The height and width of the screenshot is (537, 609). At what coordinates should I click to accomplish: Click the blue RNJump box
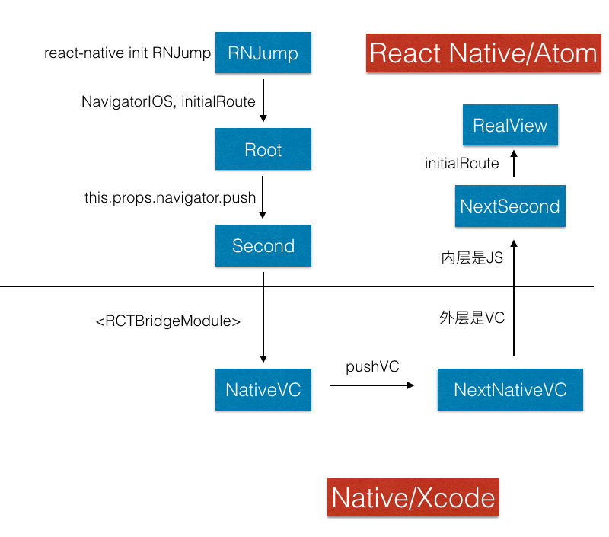click(263, 53)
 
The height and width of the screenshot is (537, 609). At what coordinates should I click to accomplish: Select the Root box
click(263, 149)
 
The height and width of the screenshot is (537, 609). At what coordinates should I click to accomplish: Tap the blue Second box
click(263, 245)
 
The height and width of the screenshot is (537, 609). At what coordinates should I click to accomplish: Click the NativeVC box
click(263, 389)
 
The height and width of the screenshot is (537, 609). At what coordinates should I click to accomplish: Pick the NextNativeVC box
click(510, 389)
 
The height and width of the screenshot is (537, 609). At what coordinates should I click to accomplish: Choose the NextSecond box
click(510, 206)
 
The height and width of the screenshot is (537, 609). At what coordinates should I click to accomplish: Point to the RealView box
click(510, 125)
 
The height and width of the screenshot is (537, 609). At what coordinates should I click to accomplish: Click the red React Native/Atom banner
click(483, 53)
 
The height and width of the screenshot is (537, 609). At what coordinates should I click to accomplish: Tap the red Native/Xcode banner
click(413, 497)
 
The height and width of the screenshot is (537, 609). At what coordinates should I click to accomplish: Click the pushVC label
click(372, 367)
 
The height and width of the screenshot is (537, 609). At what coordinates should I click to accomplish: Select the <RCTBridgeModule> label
click(168, 321)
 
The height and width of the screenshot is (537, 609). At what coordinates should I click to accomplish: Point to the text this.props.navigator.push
click(170, 197)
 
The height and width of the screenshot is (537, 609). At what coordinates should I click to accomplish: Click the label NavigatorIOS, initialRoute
click(168, 101)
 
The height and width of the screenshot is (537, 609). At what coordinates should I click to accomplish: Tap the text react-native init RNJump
click(127, 53)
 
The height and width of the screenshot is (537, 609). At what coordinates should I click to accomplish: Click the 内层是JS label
click(472, 257)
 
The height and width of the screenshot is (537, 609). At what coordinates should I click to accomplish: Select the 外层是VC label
click(472, 318)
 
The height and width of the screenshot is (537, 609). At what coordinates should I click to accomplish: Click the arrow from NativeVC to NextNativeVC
click(372, 385)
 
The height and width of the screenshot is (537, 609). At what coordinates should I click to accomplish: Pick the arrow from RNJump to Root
click(263, 101)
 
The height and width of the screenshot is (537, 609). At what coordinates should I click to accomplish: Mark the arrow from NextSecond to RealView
click(514, 163)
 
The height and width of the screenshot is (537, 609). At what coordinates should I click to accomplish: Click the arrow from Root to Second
click(263, 197)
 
